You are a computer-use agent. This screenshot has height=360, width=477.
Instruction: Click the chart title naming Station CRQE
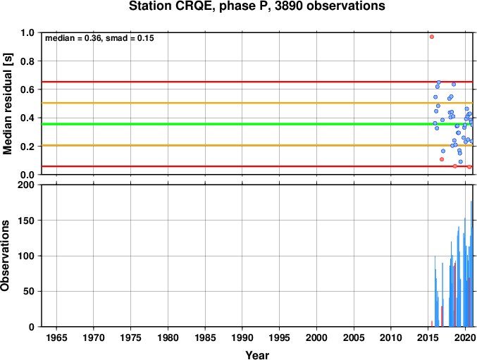(256, 6)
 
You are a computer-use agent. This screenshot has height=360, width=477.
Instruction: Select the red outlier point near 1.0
(432, 37)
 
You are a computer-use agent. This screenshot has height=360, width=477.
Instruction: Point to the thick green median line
(257, 124)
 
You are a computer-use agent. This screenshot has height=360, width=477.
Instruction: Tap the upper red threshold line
(257, 82)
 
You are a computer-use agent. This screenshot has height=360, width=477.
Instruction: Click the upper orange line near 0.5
(257, 103)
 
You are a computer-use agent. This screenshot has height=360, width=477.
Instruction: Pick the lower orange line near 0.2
(257, 145)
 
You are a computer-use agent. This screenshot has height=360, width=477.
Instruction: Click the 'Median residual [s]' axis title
(7, 104)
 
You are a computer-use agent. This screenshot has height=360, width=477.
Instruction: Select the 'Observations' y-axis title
(5, 256)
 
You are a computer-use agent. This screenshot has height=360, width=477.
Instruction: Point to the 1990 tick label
(242, 337)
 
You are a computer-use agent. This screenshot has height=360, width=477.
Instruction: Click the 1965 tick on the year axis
(56, 337)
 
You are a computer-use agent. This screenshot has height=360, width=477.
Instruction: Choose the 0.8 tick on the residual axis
(27, 61)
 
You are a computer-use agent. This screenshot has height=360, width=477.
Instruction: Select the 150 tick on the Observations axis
(26, 221)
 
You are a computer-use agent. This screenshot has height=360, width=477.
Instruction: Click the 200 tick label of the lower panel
(26, 185)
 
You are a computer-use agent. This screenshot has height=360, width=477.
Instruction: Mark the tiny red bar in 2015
(432, 324)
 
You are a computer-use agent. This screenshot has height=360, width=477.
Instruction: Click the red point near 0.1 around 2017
(442, 159)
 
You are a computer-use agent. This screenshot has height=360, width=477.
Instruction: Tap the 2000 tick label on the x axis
(316, 337)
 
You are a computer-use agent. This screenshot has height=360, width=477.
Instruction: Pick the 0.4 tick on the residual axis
(27, 118)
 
